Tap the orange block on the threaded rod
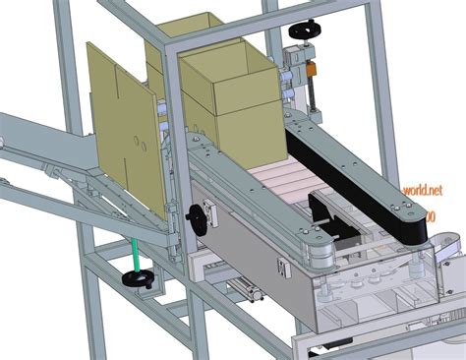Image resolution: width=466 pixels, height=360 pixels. (x=311, y=71)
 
